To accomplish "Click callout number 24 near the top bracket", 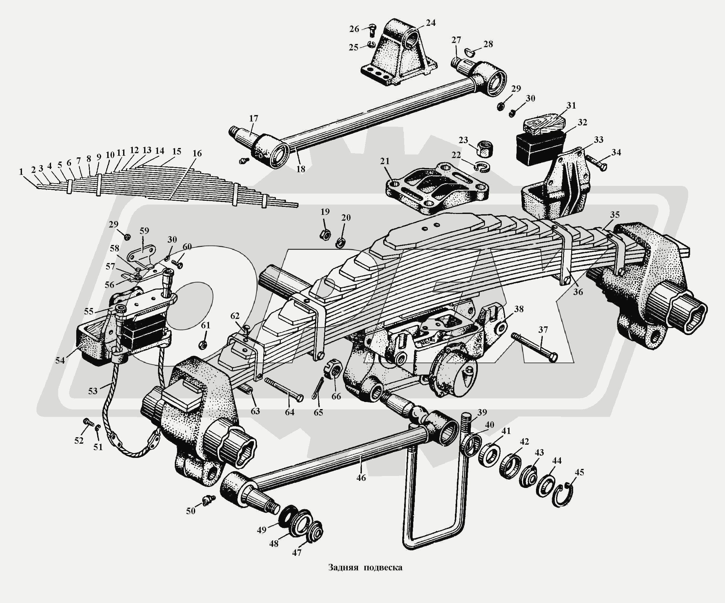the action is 431,23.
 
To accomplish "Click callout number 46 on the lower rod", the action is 361,478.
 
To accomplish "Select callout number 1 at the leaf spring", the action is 21,172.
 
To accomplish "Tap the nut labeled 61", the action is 204,344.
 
